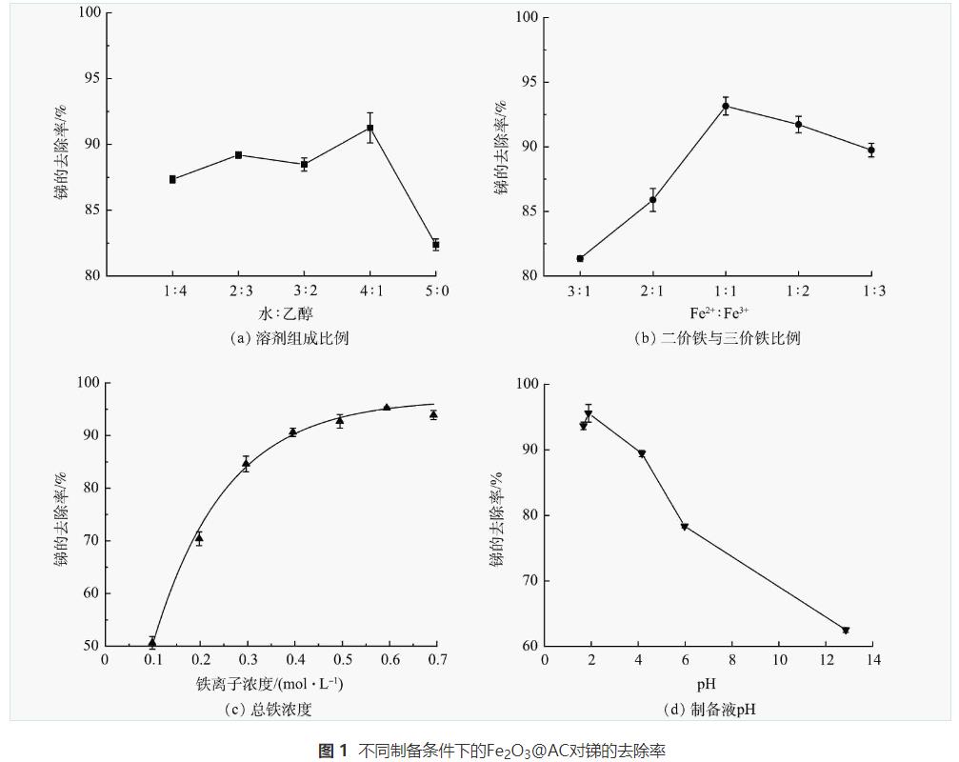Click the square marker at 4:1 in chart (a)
pos(370,128)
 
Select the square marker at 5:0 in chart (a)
pos(436,245)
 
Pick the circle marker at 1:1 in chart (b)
pos(726,106)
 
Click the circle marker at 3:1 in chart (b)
pos(580,258)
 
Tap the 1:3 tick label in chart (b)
pos(873,291)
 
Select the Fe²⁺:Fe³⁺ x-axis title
pos(725,313)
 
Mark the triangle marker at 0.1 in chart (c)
pos(152,642)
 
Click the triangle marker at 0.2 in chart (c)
pos(199,538)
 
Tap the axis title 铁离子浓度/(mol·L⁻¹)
pos(270,684)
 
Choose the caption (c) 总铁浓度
pos(270,710)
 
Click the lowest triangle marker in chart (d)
pos(845,631)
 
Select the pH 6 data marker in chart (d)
pos(684,527)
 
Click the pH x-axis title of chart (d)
pos(706,684)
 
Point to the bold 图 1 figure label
pos(332,752)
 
